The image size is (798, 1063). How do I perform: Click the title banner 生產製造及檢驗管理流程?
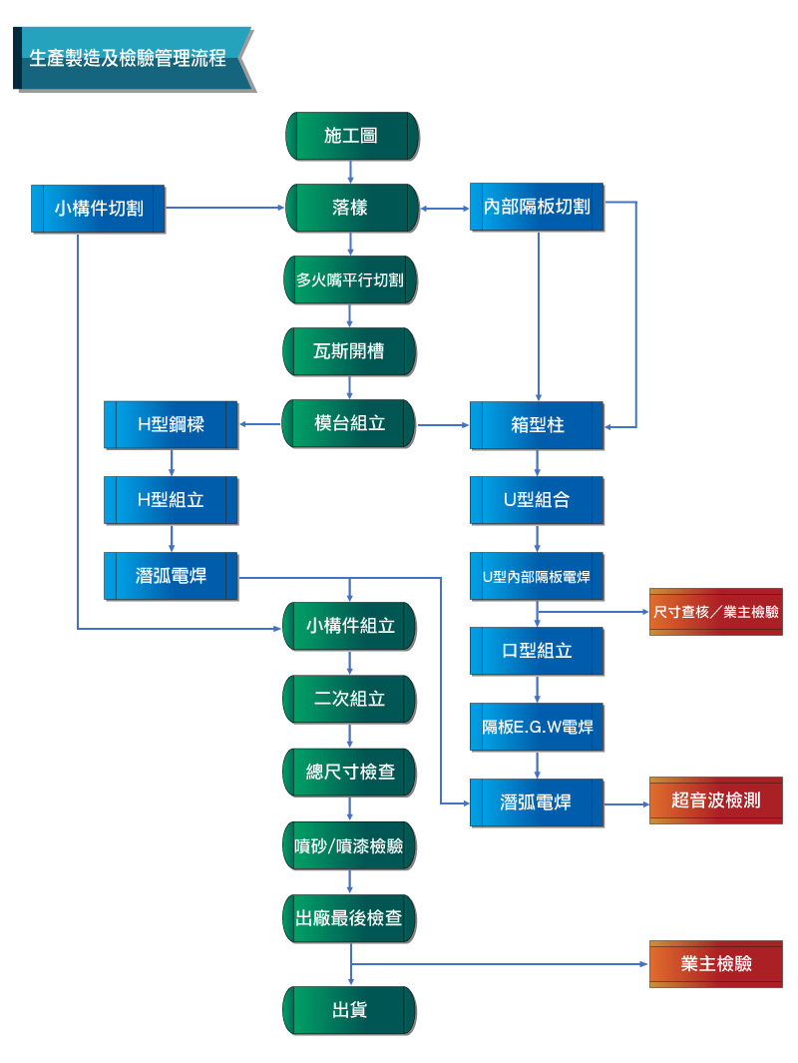tap(133, 58)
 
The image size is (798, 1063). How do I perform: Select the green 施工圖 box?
tap(352, 137)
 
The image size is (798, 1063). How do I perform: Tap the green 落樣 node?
tap(352, 209)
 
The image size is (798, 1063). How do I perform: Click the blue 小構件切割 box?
tap(98, 209)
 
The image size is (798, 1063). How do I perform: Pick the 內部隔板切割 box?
tap(537, 207)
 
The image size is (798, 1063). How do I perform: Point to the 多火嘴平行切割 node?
tap(350, 280)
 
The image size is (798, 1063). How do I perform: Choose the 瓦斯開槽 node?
tap(349, 352)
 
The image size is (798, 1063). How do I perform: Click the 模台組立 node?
tap(349, 424)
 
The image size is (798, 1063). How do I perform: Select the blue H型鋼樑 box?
tap(171, 425)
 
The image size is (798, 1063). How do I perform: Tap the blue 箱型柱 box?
tap(537, 426)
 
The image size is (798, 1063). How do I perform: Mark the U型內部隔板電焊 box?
tap(537, 576)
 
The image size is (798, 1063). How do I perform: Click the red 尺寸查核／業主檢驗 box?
tap(716, 612)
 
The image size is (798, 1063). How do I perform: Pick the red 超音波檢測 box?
tap(716, 800)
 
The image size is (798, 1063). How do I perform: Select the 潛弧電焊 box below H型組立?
tap(171, 576)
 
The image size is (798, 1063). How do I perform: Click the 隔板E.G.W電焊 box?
tap(537, 728)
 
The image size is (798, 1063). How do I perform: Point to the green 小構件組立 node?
tap(349, 627)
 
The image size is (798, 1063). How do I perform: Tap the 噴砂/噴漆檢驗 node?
tap(349, 846)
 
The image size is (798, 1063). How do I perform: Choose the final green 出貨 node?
tap(349, 1011)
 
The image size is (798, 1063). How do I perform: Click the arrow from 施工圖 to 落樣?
tap(350, 173)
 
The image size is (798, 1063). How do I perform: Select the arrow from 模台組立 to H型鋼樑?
tap(260, 424)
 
